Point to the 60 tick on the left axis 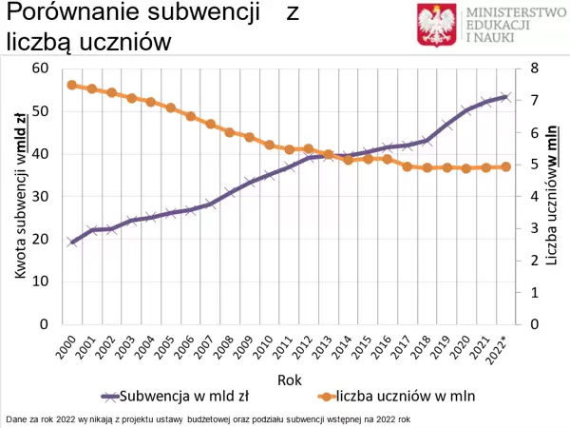pos(39,68)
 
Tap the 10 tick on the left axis pos(39,282)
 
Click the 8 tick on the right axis pos(535,68)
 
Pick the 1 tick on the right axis pos(535,292)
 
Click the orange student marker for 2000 pos(72,85)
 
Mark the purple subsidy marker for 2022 pos(506,97)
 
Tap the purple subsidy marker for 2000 pos(72,242)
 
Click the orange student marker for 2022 pos(506,166)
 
